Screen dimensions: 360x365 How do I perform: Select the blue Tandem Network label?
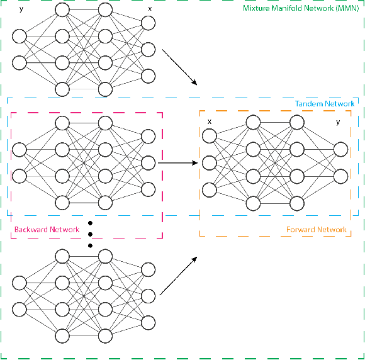pyautogui.click(x=325, y=104)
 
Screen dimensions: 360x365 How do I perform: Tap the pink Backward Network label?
pyautogui.click(x=47, y=230)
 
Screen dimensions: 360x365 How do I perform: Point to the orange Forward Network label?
pyautogui.click(x=316, y=230)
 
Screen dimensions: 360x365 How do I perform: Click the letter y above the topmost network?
pyautogui.click(x=21, y=9)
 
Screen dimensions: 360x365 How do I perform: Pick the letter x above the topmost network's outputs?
pyautogui.click(x=149, y=9)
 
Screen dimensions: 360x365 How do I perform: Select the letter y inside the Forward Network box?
pyautogui.click(x=339, y=121)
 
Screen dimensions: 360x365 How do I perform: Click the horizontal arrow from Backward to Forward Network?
pyautogui.click(x=178, y=163)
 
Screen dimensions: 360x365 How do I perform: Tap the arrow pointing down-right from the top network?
pyautogui.click(x=180, y=68)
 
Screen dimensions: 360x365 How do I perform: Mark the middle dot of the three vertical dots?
pyautogui.click(x=90, y=234)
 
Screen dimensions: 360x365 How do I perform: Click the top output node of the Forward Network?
pyautogui.click(x=340, y=149)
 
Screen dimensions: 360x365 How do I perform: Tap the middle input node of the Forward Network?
pyautogui.click(x=210, y=162)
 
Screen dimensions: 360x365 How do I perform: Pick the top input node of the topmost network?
pyautogui.click(x=20, y=37)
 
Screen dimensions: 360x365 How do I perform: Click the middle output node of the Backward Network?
pyautogui.click(x=149, y=163)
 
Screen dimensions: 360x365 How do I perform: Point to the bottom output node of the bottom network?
pyautogui.click(x=149, y=322)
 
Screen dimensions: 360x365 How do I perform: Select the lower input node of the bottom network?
pyautogui.click(x=20, y=309)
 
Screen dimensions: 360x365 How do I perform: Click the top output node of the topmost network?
pyautogui.click(x=149, y=23)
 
